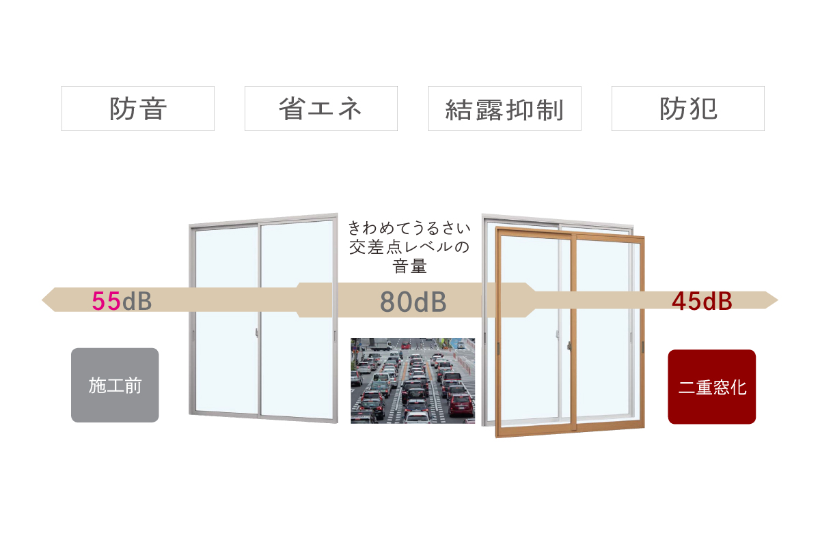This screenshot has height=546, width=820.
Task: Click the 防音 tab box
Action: pos(138,109)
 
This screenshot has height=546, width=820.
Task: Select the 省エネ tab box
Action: pos(321,109)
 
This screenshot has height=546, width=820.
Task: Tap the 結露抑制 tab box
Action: pos(505,109)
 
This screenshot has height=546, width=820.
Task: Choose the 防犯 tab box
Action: pos(688,109)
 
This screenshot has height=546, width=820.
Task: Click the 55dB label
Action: pos(122,301)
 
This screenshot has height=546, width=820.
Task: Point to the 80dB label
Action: pos(413,302)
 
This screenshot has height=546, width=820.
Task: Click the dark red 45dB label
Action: pos(702,302)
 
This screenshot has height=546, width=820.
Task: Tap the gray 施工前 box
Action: pos(115,385)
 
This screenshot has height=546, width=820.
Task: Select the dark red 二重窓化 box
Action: pos(711,387)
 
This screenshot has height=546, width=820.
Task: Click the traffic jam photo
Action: pos(413,381)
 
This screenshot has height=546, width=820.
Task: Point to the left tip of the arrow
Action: pos(42,300)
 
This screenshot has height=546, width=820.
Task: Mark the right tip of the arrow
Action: pos(778,300)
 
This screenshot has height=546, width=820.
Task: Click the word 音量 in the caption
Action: pos(409,266)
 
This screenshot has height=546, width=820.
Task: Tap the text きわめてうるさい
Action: pos(409,228)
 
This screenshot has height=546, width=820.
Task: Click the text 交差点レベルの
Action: pos(409,247)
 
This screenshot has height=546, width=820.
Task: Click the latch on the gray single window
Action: pos(257,332)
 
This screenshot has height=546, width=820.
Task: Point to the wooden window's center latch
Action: pos(569,345)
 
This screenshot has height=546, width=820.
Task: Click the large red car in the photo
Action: pos(461,405)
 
